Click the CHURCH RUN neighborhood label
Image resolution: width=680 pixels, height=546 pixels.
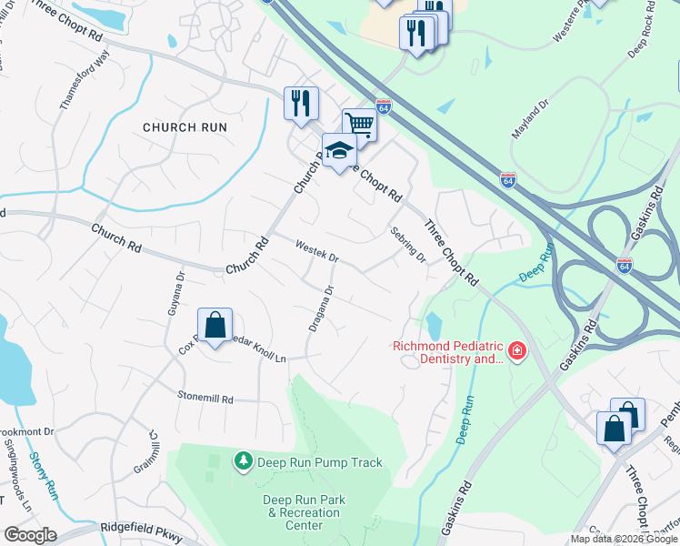(185, 127)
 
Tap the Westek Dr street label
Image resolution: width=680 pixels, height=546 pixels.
(317, 251)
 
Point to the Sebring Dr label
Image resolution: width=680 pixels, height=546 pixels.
(408, 244)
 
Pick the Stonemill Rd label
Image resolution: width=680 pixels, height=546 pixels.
(205, 399)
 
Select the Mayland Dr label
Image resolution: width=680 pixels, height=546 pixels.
(531, 119)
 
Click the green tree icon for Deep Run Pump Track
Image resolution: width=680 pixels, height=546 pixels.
(243, 462)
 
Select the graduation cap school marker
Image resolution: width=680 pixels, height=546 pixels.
(338, 150)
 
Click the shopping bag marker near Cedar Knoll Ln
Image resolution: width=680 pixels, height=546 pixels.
(215, 325)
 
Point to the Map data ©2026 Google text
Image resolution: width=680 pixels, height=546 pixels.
(624, 539)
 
